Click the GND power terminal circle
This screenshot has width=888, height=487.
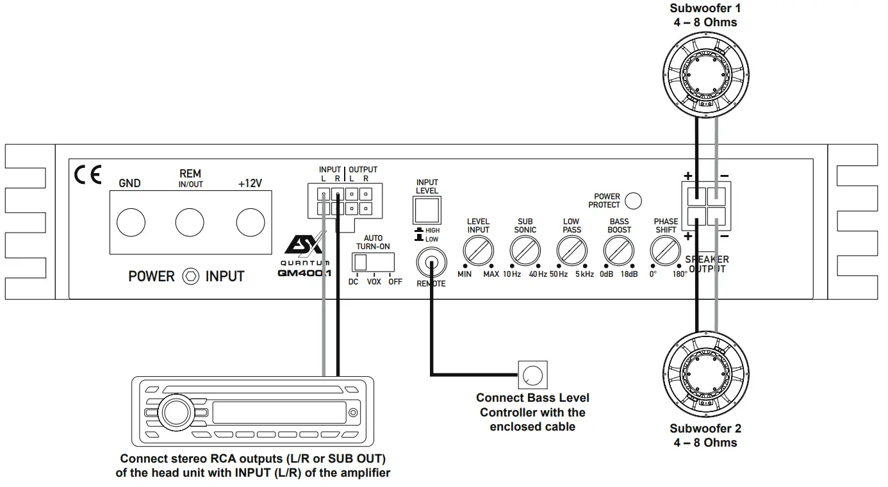point(131,222)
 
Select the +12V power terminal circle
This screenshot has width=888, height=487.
point(250,222)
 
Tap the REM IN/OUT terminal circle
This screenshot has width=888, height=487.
point(190,222)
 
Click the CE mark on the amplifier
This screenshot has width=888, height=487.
point(88,176)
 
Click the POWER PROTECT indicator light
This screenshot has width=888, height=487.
point(633,201)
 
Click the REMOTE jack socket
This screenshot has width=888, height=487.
point(431,263)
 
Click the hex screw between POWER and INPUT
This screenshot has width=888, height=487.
point(190,277)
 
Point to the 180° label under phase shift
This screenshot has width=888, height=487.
point(679,274)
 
